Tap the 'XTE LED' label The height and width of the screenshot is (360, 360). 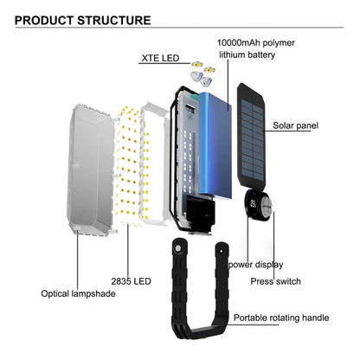coord(160,59)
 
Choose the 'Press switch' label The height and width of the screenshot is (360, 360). coord(275,281)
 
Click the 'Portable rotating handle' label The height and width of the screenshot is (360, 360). coord(281,318)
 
